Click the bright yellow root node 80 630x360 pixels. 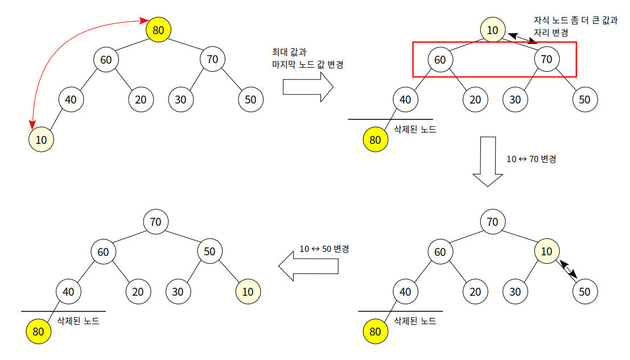[159, 30]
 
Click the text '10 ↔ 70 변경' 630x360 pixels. [531, 159]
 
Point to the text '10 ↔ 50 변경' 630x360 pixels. [324, 249]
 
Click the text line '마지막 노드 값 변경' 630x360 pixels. [307, 65]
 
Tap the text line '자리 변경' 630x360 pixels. [551, 33]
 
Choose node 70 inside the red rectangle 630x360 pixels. [547, 59]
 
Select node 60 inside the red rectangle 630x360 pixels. [440, 59]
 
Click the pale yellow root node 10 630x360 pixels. [493, 30]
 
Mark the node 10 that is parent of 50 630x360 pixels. [547, 251]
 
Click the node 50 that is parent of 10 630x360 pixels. [210, 251]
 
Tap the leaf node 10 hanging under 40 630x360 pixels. [41, 139]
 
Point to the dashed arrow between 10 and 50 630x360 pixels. [568, 270]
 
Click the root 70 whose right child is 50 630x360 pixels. [156, 222]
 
